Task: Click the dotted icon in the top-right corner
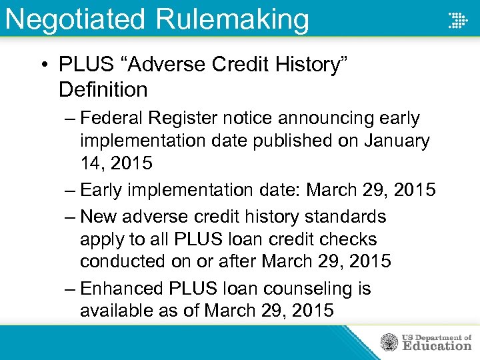pos(458,21)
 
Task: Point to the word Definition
pos(103,89)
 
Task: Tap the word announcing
pos(313,118)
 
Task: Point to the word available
pos(118,311)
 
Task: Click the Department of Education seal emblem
pos(388,343)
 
